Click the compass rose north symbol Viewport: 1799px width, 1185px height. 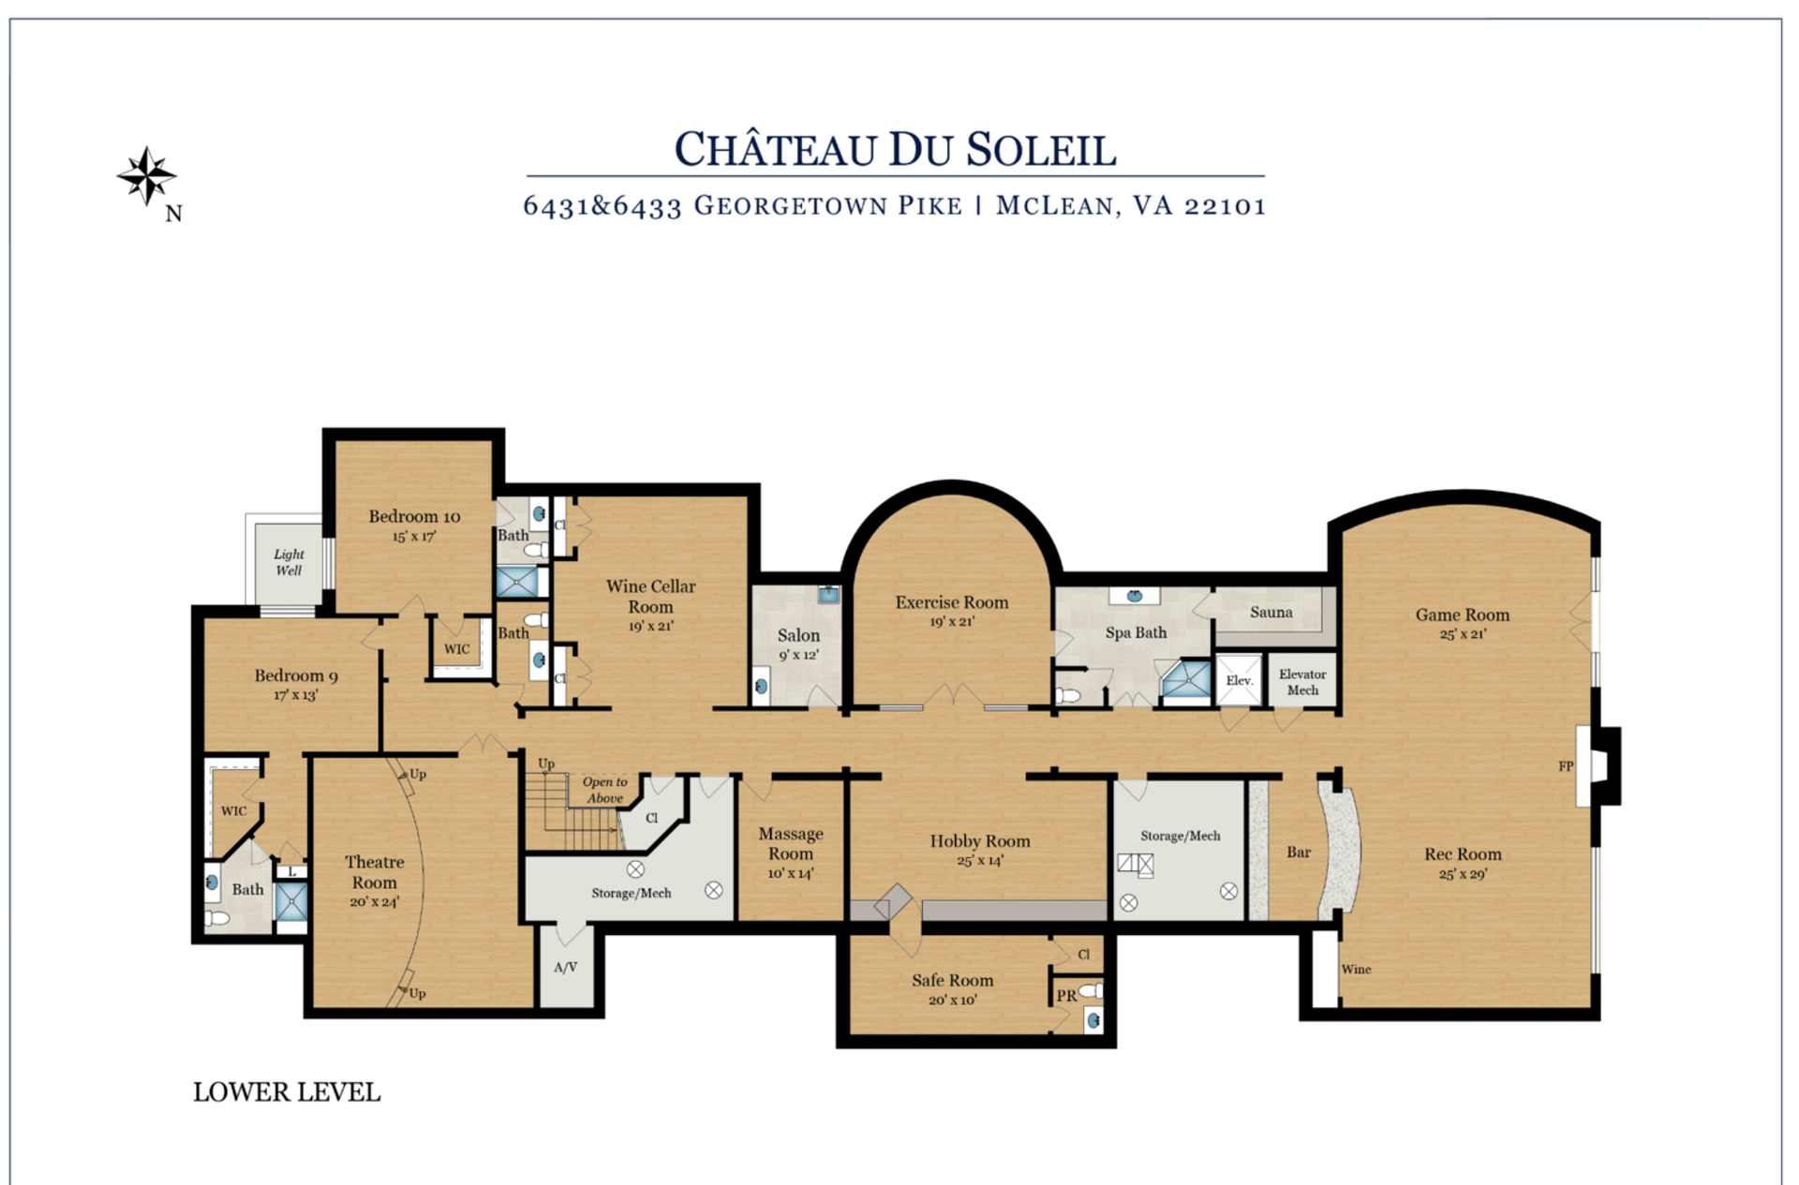point(147,175)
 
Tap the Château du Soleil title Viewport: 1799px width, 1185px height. point(895,150)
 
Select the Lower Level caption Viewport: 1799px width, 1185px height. point(287,1092)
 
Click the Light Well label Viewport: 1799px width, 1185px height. point(289,562)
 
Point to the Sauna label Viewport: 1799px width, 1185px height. point(1271,613)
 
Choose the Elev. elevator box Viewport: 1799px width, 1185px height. point(1239,680)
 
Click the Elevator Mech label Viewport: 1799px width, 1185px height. point(1302,682)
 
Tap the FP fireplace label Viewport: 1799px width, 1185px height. point(1566,766)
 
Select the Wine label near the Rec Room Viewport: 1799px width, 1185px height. point(1356,970)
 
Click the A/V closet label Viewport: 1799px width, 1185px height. point(565,968)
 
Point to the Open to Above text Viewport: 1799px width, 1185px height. point(604,790)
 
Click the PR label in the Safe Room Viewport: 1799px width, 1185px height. point(1066,996)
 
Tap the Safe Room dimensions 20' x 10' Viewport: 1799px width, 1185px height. point(952,1000)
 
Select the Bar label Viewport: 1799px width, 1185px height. point(1299,852)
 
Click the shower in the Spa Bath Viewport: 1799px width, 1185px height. point(1187,679)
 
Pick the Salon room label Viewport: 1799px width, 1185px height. point(798,635)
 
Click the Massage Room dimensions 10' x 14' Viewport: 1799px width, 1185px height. point(791,873)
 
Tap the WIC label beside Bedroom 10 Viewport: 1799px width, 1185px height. point(457,649)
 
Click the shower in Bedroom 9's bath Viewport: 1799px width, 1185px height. point(290,902)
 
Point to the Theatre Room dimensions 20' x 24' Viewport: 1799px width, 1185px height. point(374,902)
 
